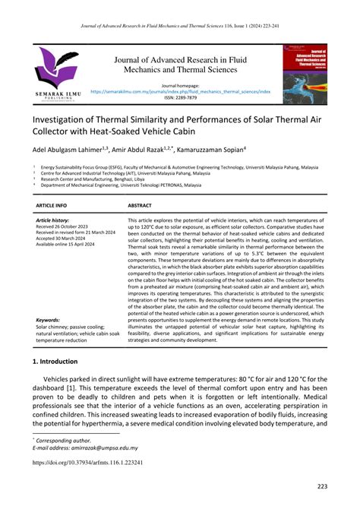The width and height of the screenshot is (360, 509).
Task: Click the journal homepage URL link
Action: coord(180,90)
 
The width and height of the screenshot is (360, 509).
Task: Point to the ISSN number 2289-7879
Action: coord(180,97)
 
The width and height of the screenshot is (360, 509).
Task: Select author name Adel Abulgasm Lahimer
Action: coord(69,150)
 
